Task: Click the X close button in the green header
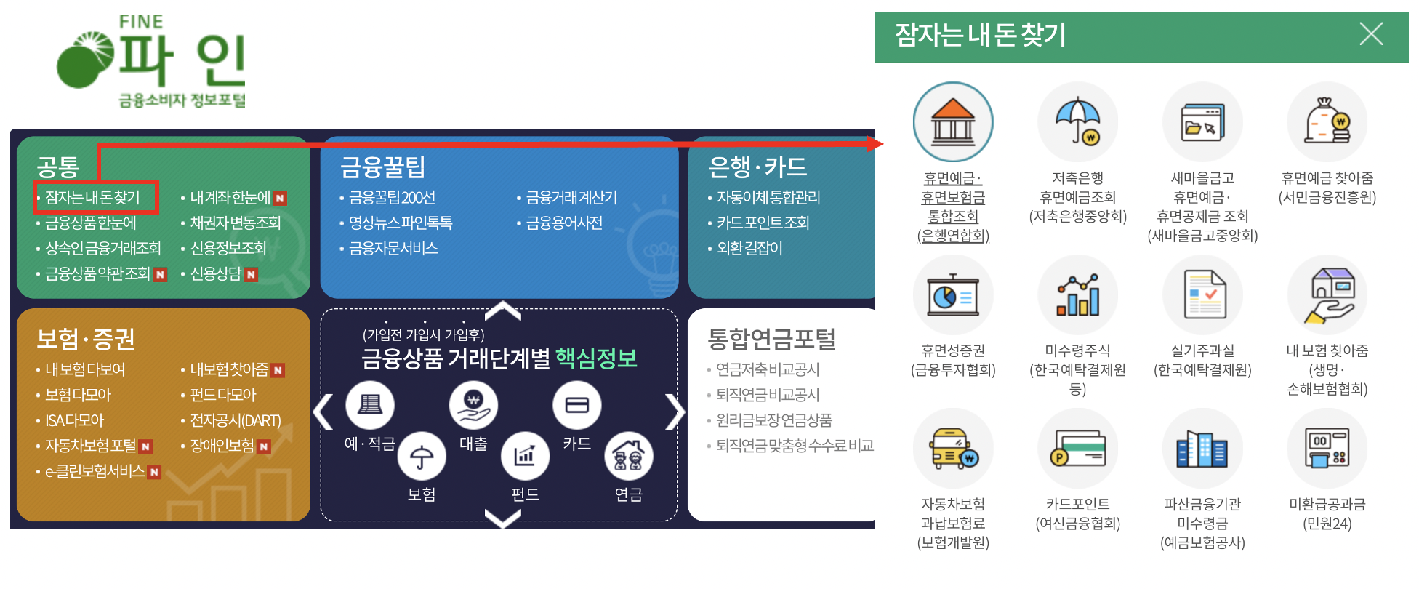click(x=1370, y=34)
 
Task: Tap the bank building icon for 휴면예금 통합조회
click(x=952, y=121)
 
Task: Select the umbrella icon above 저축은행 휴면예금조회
click(x=1077, y=121)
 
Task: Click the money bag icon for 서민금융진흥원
click(x=1327, y=121)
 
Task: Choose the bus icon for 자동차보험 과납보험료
click(x=952, y=448)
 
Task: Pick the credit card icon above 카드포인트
click(x=1077, y=448)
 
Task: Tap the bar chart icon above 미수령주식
click(x=1077, y=294)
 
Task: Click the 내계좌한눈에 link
click(x=230, y=197)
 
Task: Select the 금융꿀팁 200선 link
click(x=392, y=197)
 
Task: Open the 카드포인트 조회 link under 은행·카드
click(x=763, y=223)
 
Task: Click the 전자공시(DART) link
click(x=235, y=420)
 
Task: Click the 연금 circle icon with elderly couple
click(x=629, y=457)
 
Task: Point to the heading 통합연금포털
click(x=771, y=338)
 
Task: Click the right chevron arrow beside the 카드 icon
click(x=675, y=412)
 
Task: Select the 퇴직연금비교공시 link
click(x=768, y=395)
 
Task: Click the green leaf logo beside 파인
click(x=84, y=60)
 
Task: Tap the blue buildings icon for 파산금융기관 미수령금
click(x=1202, y=448)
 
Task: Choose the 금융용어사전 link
click(x=564, y=223)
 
